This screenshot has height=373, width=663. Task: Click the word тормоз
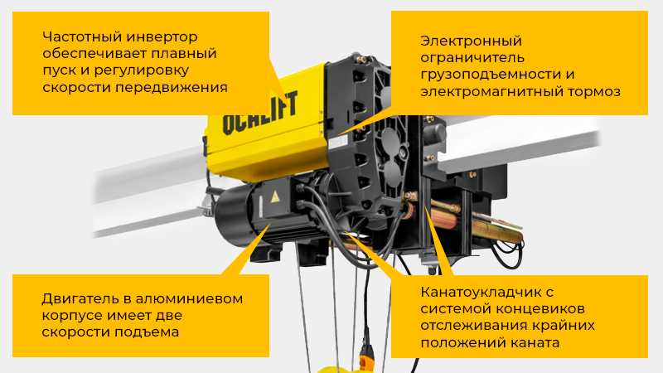click(x=593, y=92)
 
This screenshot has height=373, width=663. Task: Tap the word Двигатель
click(x=77, y=299)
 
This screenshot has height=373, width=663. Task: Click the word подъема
click(x=149, y=333)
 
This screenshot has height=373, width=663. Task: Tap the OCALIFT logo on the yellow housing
click(x=251, y=121)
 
